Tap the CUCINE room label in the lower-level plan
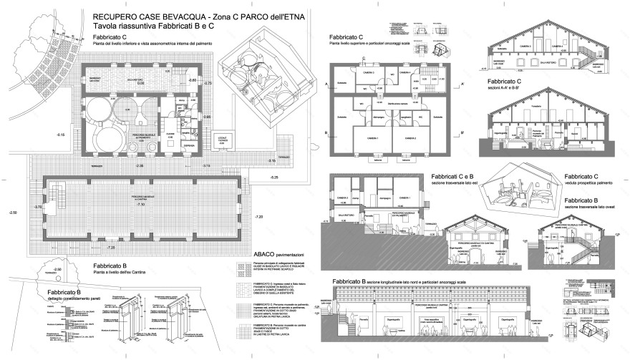170,134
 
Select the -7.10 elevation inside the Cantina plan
141,205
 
